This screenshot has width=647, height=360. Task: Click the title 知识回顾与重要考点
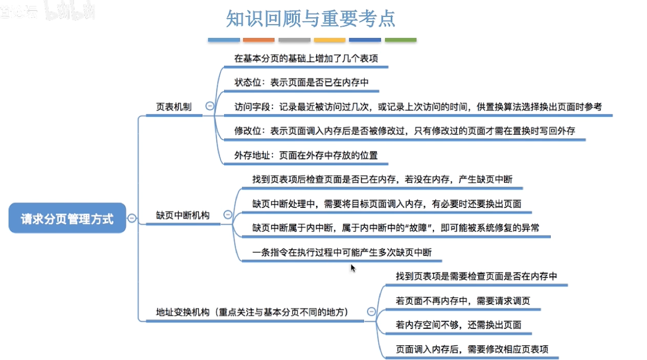pyautogui.click(x=310, y=19)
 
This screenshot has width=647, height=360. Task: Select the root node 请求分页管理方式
pyautogui.click(x=67, y=218)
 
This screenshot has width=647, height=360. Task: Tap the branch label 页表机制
pyautogui.click(x=174, y=107)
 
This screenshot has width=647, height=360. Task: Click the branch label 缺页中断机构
pyautogui.click(x=183, y=215)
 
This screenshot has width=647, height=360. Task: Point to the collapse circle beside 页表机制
pyautogui.click(x=210, y=106)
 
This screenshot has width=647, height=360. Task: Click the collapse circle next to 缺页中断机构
pyautogui.click(x=228, y=215)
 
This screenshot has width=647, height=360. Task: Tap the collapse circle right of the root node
pyautogui.click(x=132, y=218)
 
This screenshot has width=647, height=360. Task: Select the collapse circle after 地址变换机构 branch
pyautogui.click(x=371, y=312)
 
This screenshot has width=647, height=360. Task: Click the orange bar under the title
pyautogui.click(x=259, y=40)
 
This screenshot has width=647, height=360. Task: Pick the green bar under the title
pyautogui.click(x=400, y=40)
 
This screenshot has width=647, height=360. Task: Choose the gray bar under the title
pyautogui.click(x=294, y=40)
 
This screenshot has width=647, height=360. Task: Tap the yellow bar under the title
pyautogui.click(x=330, y=40)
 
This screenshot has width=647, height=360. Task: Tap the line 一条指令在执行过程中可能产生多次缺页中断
pyautogui.click(x=342, y=253)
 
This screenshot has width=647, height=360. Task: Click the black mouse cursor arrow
pyautogui.click(x=353, y=268)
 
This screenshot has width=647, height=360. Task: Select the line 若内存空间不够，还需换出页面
pyautogui.click(x=458, y=325)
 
